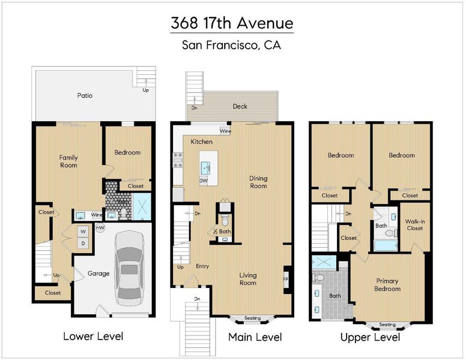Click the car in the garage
click(130, 268)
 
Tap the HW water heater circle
click(100, 228)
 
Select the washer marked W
click(83, 232)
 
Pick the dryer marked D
click(83, 244)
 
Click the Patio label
click(85, 95)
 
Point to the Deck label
click(240, 106)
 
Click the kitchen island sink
click(205, 168)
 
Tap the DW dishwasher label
click(204, 181)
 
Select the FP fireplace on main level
click(286, 279)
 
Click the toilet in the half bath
click(225, 220)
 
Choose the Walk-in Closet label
click(415, 225)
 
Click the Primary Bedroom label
click(387, 285)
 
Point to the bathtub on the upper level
click(386, 245)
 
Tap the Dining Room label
click(258, 182)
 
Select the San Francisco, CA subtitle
click(232, 45)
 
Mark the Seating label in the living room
click(252, 318)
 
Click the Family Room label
click(68, 161)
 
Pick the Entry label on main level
click(202, 266)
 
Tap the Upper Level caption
click(371, 337)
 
